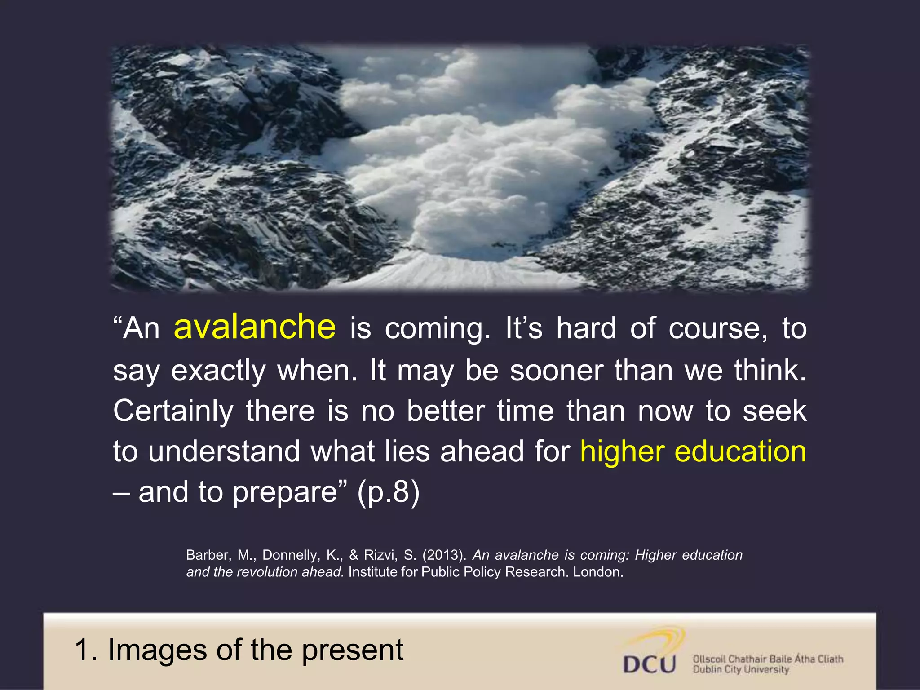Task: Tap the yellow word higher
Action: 622,451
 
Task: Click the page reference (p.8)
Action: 388,492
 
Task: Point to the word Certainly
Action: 173,411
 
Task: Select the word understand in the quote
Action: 224,451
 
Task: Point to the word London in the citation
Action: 597,572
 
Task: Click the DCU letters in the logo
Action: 649,664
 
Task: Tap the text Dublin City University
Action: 741,670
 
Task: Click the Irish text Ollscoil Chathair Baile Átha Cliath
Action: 768,659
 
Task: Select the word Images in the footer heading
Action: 158,650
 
